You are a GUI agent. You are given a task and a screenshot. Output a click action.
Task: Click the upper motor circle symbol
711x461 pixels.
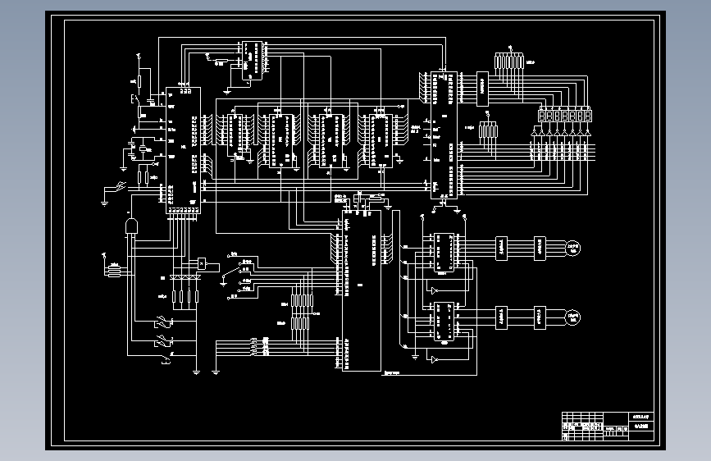(572, 247)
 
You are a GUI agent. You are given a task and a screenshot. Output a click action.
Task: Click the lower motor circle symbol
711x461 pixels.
(572, 316)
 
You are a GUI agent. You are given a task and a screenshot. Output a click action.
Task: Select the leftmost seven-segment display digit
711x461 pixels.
(540, 116)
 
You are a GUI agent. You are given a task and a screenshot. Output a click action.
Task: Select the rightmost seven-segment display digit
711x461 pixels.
(586, 116)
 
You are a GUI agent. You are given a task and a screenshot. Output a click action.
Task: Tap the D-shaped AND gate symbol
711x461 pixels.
(130, 226)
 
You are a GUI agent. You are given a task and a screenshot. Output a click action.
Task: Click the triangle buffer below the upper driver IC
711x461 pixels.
(434, 290)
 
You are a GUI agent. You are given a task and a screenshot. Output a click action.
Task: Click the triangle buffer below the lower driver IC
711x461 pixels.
(434, 359)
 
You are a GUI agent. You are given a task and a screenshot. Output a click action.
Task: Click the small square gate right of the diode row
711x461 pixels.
(201, 263)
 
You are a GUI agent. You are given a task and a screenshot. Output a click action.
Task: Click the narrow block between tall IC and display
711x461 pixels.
(482, 89)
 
